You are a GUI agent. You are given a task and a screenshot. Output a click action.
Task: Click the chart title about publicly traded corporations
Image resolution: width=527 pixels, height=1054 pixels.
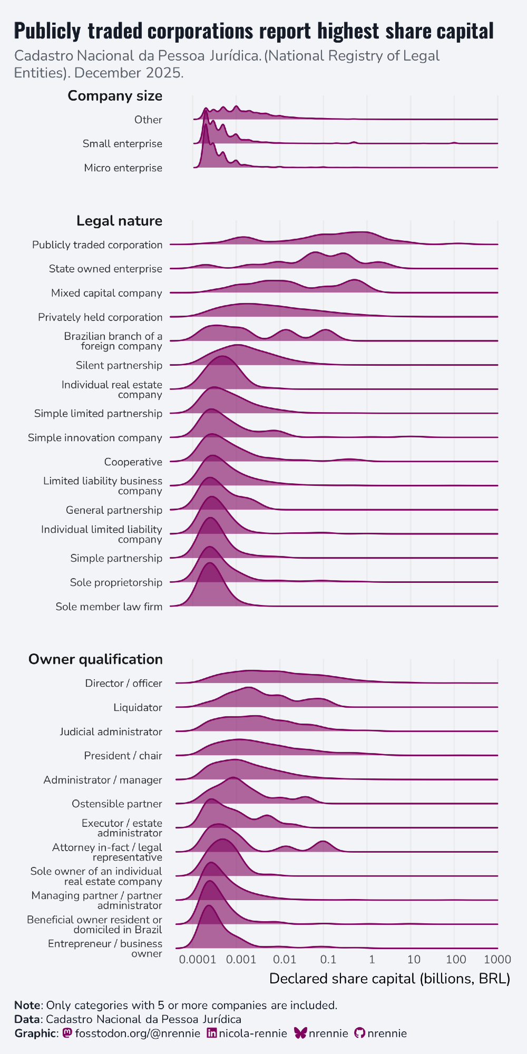(253, 31)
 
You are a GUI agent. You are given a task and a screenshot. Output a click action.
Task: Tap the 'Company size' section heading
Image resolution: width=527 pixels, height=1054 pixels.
(115, 96)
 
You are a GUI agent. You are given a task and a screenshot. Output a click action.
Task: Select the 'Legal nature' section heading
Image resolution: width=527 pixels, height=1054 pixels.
(119, 221)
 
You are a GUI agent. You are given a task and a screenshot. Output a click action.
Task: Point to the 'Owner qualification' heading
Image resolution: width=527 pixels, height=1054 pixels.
(95, 659)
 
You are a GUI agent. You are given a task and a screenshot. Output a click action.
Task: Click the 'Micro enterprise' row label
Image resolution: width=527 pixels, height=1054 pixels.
(123, 168)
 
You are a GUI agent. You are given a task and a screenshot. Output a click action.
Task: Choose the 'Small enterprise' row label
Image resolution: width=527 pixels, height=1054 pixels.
(122, 144)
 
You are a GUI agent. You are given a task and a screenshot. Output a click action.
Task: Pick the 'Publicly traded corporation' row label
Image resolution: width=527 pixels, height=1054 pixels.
(97, 245)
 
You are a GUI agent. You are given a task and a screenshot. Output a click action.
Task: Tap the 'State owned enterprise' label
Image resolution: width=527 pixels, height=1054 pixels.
(105, 269)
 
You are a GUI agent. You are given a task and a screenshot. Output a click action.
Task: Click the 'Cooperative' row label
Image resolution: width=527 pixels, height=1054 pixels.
(133, 462)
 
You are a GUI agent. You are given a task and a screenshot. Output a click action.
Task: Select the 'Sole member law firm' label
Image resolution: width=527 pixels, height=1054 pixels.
(109, 607)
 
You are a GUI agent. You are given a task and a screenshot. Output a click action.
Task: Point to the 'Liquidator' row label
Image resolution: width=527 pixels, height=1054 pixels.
(138, 708)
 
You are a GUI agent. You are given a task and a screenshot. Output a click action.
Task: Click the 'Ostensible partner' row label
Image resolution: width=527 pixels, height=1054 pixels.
(117, 804)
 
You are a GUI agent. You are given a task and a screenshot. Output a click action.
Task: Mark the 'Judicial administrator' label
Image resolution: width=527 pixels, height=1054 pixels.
(111, 732)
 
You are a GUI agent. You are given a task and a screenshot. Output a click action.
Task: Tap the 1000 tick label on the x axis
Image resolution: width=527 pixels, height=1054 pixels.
(497, 959)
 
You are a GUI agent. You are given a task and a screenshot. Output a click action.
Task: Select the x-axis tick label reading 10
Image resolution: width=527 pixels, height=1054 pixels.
(414, 959)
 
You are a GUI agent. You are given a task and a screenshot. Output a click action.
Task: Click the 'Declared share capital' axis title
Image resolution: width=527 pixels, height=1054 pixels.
(389, 979)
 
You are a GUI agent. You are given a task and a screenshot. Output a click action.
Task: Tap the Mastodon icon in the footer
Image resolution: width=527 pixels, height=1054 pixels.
(67, 1033)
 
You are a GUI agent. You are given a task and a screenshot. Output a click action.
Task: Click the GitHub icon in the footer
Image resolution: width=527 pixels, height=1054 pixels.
(359, 1033)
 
